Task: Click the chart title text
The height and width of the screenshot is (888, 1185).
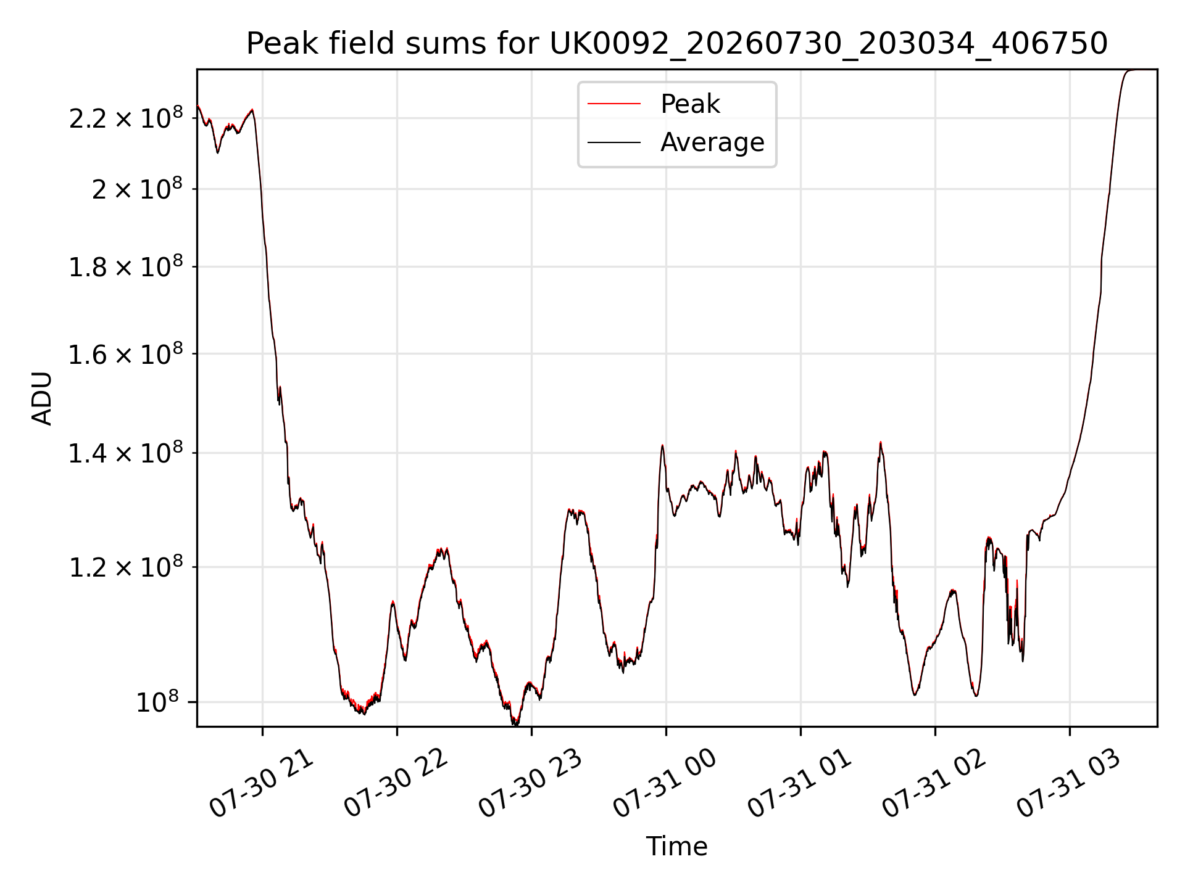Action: click(677, 44)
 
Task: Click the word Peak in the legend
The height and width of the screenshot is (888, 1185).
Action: click(690, 104)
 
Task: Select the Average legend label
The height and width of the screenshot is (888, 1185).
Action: click(712, 142)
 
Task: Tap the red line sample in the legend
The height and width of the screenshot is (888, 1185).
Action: click(614, 104)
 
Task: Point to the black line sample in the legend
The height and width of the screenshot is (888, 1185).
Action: click(614, 142)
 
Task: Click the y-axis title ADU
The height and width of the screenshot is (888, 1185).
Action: click(43, 398)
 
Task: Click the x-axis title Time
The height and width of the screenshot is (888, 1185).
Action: click(676, 846)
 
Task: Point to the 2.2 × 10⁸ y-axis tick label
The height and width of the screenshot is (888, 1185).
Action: click(126, 118)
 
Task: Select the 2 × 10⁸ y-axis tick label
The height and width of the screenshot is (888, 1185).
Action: click(138, 189)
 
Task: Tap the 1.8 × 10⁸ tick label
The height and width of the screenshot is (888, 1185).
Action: click(126, 266)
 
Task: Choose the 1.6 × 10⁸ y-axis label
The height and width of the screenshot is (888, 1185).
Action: click(126, 354)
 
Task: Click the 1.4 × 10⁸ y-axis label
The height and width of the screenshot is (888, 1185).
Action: click(126, 453)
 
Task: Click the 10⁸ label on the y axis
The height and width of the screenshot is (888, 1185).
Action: click(157, 702)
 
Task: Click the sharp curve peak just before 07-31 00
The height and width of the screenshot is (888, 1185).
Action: click(662, 445)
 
